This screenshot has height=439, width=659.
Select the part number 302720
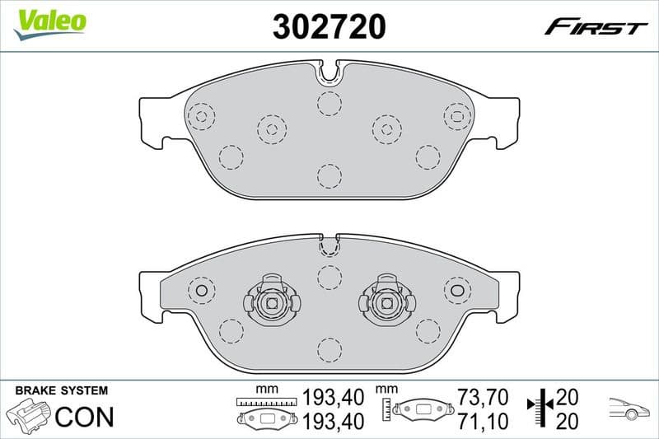(329, 27)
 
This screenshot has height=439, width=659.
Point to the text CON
(84, 416)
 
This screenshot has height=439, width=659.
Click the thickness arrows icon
(540, 408)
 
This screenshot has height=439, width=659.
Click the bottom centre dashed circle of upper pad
(329, 175)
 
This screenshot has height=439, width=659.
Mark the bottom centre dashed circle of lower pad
(329, 350)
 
